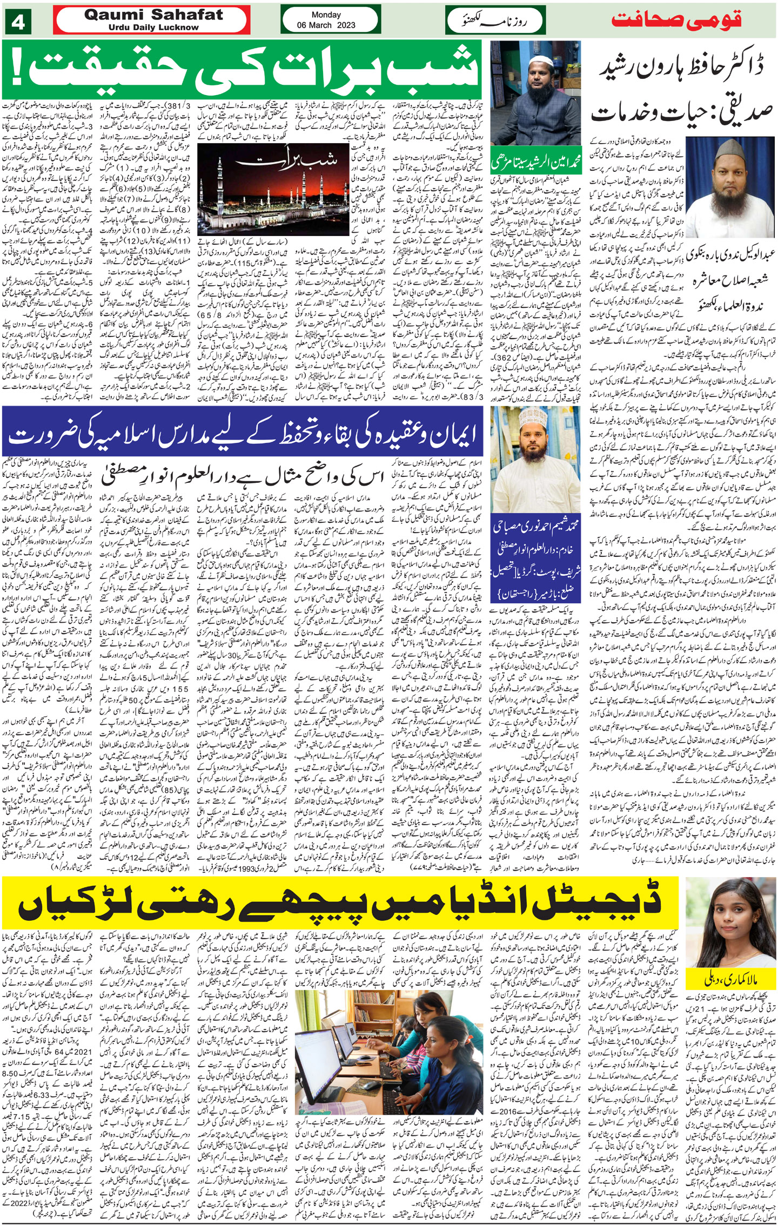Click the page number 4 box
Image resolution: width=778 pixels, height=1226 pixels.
coord(18,22)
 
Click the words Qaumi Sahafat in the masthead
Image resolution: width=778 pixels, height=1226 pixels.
coord(153,15)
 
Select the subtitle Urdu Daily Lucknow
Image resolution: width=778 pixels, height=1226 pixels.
coord(153,28)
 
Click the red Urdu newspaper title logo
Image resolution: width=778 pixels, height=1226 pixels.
coord(676,20)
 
